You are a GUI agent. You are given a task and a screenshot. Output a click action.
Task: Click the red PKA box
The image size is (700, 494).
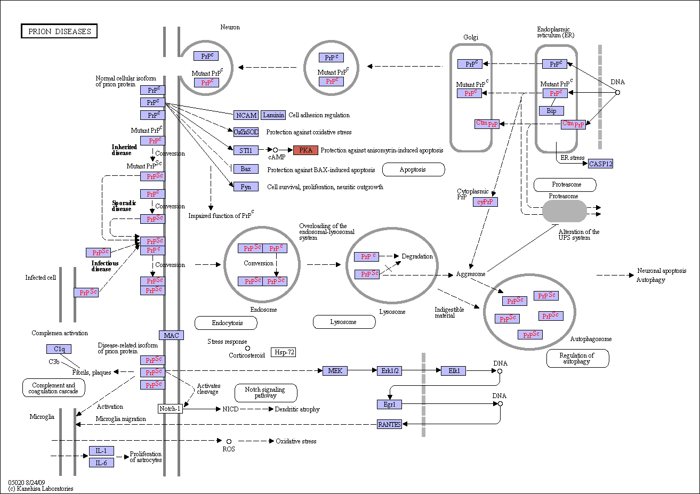[305, 150]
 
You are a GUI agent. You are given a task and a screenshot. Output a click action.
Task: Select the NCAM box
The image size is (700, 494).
[246, 115]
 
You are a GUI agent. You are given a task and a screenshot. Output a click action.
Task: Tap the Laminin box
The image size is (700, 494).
[273, 115]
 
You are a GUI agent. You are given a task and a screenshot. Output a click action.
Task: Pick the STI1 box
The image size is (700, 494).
[246, 150]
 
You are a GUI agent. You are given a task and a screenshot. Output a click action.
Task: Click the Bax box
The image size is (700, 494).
[246, 169]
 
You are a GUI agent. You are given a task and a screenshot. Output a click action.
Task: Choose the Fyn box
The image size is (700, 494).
[246, 187]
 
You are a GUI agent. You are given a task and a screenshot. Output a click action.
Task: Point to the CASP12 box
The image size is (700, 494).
[600, 164]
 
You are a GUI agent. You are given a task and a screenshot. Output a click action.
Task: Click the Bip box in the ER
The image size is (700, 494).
[552, 111]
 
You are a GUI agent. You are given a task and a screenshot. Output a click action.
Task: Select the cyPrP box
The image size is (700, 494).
[485, 202]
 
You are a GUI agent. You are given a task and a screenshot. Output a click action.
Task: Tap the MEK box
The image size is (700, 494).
[335, 371]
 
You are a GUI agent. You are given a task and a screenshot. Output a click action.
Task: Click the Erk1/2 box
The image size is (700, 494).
[389, 371]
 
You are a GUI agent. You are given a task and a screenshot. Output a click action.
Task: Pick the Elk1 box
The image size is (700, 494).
[454, 371]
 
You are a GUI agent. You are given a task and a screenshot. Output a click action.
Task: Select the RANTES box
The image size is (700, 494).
[389, 424]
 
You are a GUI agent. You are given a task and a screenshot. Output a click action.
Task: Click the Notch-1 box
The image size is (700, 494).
[170, 409]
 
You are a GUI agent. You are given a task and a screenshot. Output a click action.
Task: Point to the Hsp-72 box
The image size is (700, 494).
[284, 352]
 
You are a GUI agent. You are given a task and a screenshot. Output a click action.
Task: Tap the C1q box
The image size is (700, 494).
[59, 349]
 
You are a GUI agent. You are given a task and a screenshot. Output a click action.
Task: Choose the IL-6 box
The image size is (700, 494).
[102, 463]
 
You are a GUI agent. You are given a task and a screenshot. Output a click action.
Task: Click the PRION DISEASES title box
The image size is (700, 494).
[59, 31]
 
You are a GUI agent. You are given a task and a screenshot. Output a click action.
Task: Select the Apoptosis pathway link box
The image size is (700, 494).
[413, 169]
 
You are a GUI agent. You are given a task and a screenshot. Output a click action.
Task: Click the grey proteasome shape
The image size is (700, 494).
[565, 211]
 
